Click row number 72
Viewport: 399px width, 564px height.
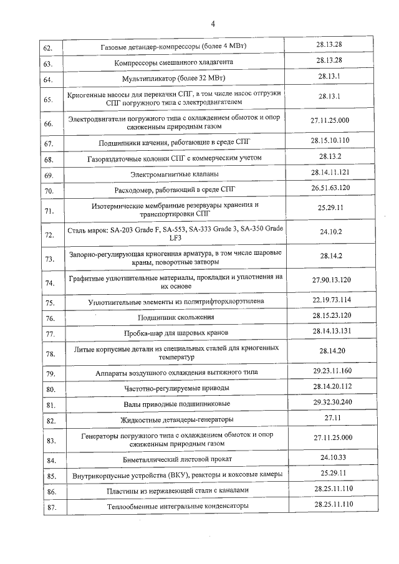click(x=48, y=235)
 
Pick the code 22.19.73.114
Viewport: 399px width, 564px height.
click(x=330, y=300)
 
